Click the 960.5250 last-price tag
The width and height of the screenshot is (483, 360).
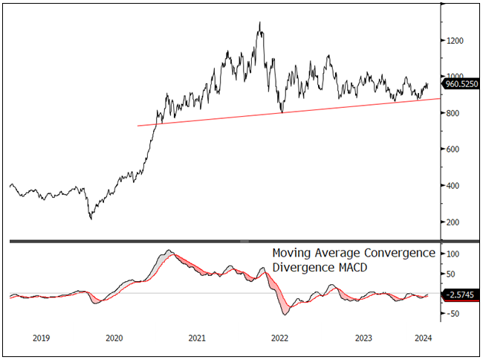461,85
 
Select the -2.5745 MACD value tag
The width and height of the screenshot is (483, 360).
461,296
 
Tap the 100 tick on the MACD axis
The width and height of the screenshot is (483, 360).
452,254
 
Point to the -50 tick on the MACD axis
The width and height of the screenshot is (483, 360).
452,314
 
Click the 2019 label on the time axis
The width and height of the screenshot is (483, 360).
42,338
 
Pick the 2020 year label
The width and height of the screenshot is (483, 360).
114,338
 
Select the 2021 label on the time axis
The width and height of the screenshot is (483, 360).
197,338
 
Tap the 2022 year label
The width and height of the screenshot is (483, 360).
279,338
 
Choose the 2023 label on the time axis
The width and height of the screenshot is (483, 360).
363,338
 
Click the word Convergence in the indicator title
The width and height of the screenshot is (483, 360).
399,253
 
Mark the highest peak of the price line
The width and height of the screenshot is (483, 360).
259,22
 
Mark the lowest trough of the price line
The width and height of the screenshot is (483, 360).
91,219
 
